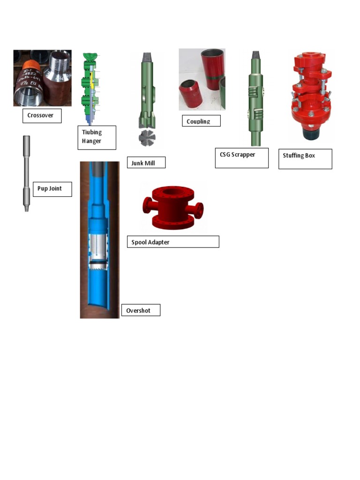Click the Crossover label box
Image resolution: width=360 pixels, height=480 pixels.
click(x=42, y=115)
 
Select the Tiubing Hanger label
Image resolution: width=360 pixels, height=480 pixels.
click(x=97, y=137)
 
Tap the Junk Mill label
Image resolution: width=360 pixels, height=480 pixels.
click(x=146, y=163)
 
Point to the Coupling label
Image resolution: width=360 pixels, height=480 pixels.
click(x=201, y=121)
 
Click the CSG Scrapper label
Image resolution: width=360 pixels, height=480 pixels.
click(x=241, y=158)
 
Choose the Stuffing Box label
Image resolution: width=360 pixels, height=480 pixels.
click(x=305, y=159)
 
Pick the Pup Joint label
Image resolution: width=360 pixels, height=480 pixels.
click(x=52, y=189)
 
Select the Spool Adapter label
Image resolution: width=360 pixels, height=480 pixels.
click(x=172, y=242)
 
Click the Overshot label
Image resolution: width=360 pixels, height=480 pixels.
click(x=140, y=310)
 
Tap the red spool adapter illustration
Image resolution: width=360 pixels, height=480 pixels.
click(x=172, y=207)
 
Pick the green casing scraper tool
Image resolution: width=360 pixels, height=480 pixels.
click(x=255, y=98)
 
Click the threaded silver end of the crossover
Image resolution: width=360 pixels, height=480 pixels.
click(x=59, y=62)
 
